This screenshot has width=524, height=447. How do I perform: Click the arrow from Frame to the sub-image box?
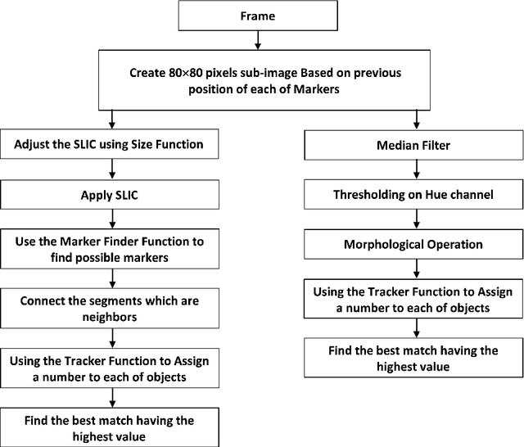tap(258, 39)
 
